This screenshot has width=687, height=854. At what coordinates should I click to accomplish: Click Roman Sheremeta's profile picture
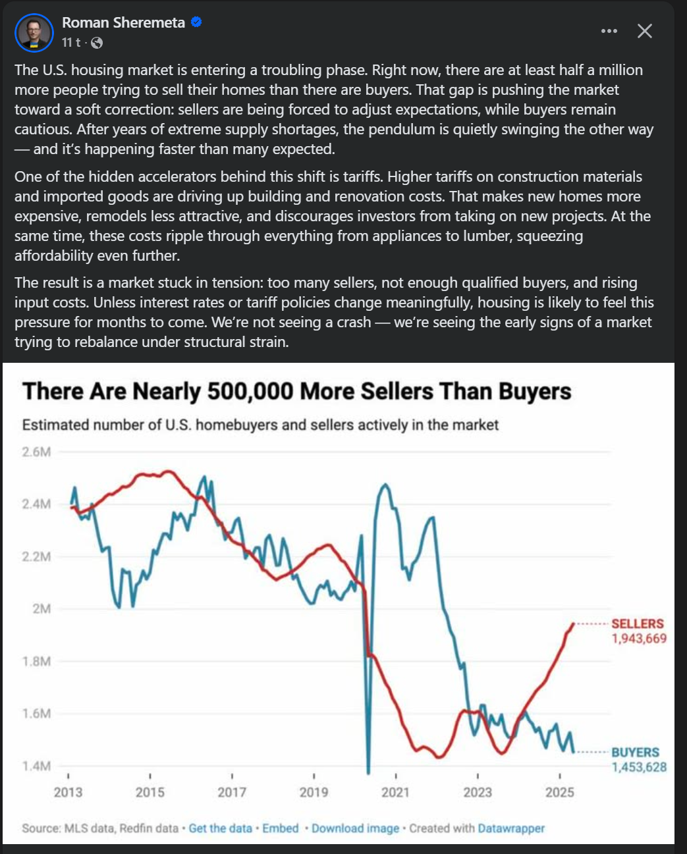(34, 32)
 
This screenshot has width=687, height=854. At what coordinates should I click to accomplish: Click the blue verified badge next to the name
(196, 22)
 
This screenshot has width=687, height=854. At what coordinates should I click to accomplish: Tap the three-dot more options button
(609, 31)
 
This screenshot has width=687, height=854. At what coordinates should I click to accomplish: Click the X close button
(645, 31)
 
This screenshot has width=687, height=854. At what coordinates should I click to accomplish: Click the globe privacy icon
(97, 43)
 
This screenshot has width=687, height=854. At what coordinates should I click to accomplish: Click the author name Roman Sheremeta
(123, 22)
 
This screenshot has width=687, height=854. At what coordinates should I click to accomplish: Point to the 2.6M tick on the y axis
(37, 452)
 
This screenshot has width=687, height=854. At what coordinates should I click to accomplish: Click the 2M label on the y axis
(42, 608)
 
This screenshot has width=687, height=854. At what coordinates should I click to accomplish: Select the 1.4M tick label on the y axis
(37, 766)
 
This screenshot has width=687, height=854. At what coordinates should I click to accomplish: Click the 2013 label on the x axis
(69, 791)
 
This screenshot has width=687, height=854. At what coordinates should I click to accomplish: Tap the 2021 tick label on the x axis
(395, 791)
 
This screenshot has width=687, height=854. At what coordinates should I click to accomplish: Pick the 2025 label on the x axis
(559, 791)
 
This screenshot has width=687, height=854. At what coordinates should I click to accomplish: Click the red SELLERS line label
(637, 624)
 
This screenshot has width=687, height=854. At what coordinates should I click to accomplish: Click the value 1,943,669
(639, 638)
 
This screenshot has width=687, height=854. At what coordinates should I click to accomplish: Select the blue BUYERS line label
(635, 752)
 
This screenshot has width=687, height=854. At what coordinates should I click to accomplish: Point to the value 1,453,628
(639, 766)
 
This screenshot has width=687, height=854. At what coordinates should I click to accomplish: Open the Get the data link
(220, 828)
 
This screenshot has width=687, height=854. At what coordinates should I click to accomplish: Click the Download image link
(355, 828)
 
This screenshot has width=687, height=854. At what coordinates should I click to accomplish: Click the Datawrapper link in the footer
(511, 828)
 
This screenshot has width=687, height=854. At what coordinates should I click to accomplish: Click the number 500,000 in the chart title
(250, 391)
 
